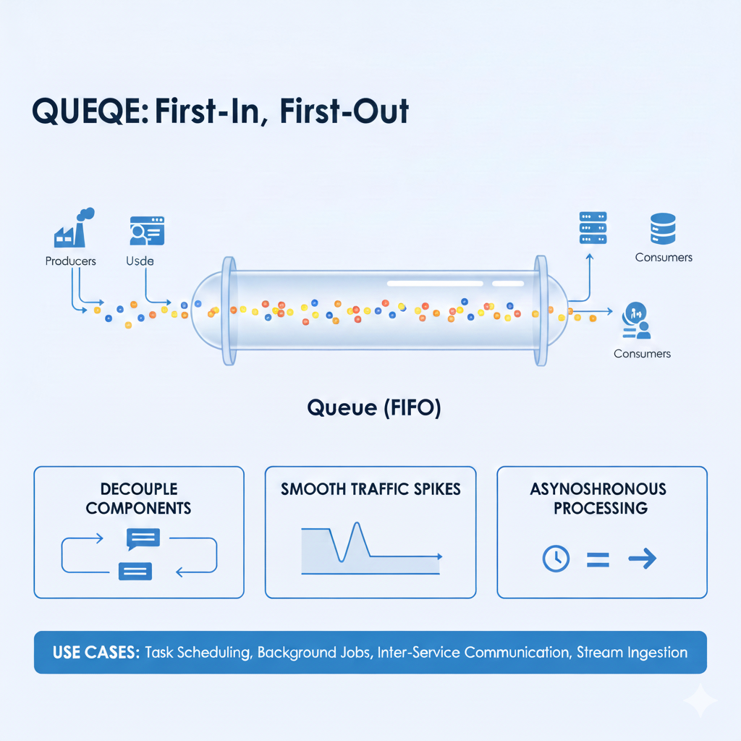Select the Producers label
point(70,261)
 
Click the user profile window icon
point(147,230)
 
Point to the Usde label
point(140,261)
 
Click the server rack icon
point(593,228)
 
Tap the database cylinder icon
point(663,228)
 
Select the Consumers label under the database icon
point(664,258)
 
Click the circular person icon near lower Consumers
point(633,312)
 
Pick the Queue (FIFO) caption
point(374,408)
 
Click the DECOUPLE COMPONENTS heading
point(138,499)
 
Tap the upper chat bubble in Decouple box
point(143,538)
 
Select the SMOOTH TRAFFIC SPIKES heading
point(370,489)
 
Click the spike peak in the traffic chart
point(356,524)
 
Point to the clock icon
point(556,558)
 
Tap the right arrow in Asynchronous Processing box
point(641,558)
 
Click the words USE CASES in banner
point(96,652)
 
